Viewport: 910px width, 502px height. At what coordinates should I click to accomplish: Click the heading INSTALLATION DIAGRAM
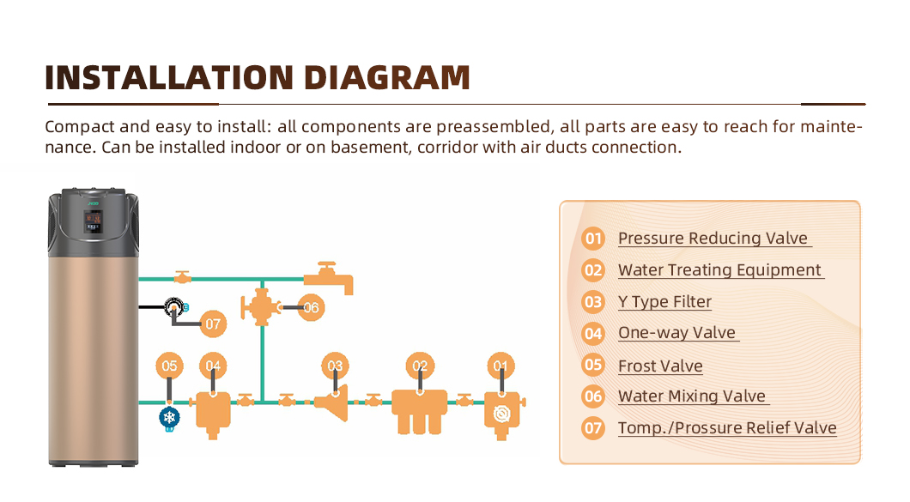coord(257,77)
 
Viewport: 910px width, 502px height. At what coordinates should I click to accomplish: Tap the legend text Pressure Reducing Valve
coord(713,239)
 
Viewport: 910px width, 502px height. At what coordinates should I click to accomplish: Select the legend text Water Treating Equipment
coord(720,270)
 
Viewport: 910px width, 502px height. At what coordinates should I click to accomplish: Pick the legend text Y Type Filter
coord(664,302)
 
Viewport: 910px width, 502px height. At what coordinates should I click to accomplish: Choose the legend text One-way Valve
coord(677,333)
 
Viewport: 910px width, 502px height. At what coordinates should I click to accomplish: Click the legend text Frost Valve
coord(660,366)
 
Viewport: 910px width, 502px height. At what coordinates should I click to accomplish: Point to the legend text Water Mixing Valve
coord(692,396)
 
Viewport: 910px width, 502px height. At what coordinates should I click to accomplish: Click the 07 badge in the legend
coord(593,428)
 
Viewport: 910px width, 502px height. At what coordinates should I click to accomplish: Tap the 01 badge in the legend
coord(593,239)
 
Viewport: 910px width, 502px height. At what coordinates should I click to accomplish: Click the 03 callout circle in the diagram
coord(335,366)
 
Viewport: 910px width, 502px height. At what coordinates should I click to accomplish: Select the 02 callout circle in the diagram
coord(419,366)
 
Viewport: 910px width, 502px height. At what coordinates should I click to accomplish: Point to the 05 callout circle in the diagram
coord(169,366)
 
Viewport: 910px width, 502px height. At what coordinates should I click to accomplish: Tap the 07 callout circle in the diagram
coord(213,324)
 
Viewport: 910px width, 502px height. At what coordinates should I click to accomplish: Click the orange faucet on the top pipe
coord(329,276)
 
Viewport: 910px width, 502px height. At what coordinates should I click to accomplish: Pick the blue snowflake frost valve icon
coord(169,418)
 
